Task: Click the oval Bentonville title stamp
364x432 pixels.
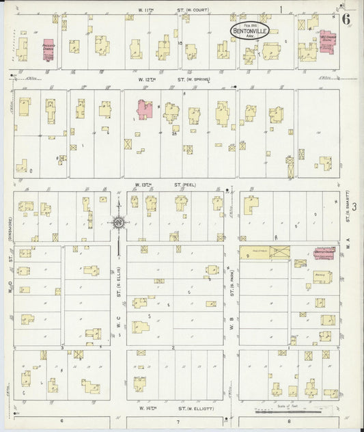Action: [x=250, y=29]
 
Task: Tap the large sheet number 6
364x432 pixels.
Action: [x=346, y=18]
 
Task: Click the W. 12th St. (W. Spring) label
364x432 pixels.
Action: [x=176, y=79]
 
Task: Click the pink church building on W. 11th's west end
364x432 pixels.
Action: [x=48, y=50]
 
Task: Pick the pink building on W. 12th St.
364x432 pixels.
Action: [x=145, y=109]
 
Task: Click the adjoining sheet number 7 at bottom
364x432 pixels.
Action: [x=178, y=421]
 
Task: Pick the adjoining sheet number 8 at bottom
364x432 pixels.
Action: [x=290, y=421]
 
